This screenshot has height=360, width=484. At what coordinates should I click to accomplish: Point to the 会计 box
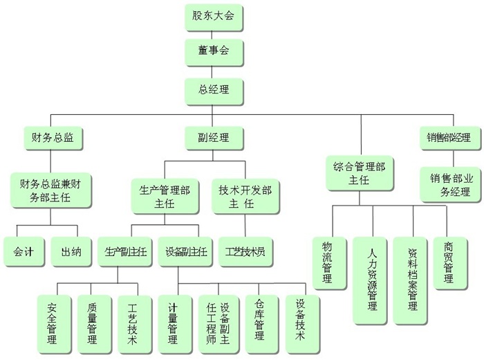24,252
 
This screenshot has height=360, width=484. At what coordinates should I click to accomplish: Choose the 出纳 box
71,252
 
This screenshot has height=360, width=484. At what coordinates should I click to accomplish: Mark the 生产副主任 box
126,252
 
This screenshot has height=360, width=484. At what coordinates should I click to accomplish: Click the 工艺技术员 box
245,252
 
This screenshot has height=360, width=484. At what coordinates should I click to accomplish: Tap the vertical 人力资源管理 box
372,280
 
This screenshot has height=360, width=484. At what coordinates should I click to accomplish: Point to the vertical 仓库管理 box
259,321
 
